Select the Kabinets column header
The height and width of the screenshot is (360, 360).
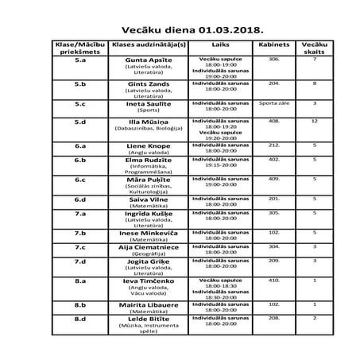point(273,47)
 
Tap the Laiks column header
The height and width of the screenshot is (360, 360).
point(216,47)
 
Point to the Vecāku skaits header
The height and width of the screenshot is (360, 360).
point(315,51)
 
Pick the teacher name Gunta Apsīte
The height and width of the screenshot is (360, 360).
point(150,60)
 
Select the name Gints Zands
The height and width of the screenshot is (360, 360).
point(150,83)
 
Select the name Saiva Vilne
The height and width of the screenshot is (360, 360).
point(150,198)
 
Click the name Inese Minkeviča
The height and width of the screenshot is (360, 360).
point(150,232)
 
